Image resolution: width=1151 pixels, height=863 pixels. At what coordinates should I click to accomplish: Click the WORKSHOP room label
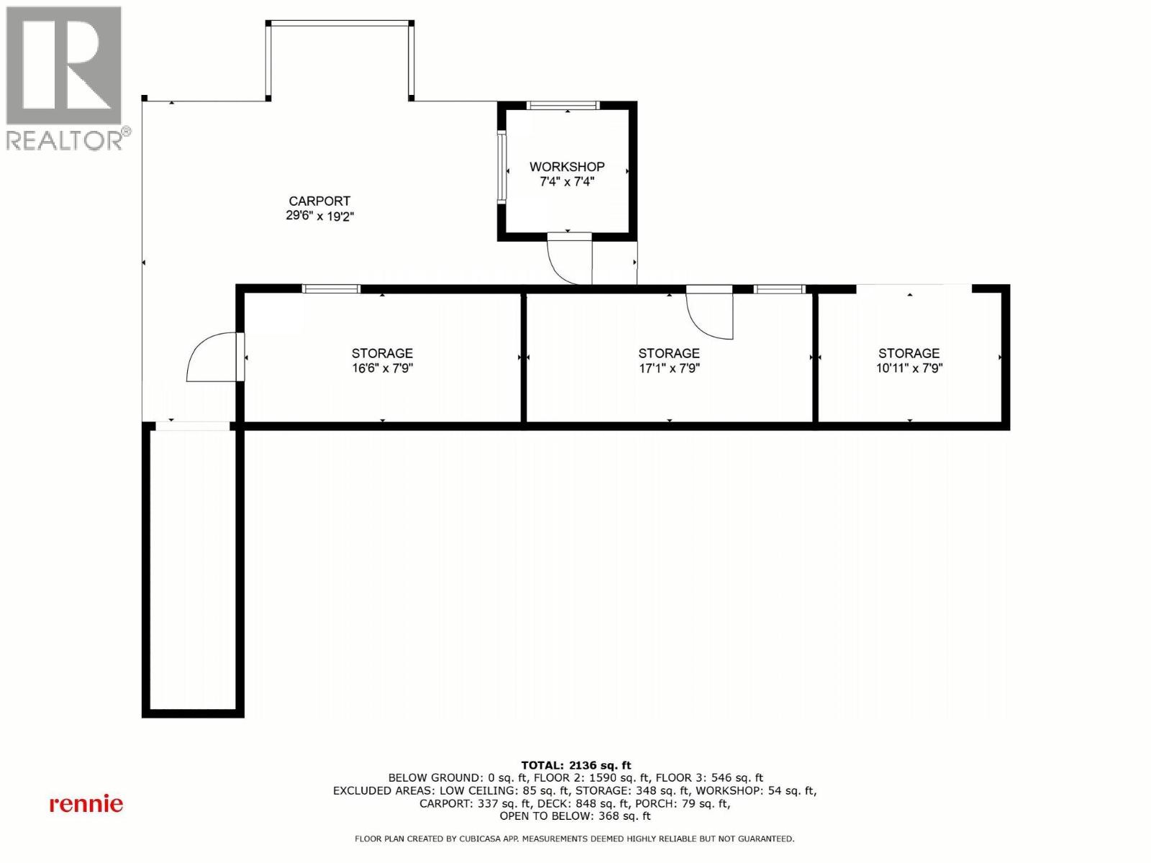pyautogui.click(x=567, y=167)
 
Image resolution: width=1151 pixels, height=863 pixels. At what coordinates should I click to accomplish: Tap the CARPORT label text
pyautogui.click(x=319, y=201)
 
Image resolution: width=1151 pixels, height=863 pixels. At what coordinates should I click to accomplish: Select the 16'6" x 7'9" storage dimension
pyautogui.click(x=382, y=368)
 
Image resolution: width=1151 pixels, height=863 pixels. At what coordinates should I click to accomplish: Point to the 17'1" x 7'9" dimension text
pyautogui.click(x=669, y=368)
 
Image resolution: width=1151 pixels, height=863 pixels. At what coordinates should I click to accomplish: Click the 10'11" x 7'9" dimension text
pyautogui.click(x=909, y=368)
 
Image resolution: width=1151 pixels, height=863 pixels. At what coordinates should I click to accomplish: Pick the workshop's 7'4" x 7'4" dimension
pyautogui.click(x=567, y=182)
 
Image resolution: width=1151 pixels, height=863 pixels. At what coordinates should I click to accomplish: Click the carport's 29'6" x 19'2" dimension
pyautogui.click(x=319, y=216)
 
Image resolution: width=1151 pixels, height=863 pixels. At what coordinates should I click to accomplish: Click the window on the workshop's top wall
pyautogui.click(x=563, y=106)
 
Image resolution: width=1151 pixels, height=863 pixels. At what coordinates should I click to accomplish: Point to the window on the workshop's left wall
pyautogui.click(x=501, y=167)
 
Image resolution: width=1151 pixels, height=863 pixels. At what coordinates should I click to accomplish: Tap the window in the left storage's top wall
pyautogui.click(x=331, y=289)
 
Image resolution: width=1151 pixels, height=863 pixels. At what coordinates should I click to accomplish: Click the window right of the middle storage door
pyautogui.click(x=779, y=289)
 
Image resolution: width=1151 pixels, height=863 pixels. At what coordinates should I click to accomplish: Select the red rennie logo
pyautogui.click(x=86, y=803)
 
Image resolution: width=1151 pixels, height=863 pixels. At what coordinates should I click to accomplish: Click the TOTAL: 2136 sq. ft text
pyautogui.click(x=575, y=765)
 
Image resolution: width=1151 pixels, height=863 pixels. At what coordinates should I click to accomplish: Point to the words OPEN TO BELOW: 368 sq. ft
pyautogui.click(x=575, y=816)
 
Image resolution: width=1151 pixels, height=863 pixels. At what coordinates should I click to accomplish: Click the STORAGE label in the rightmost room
pyautogui.click(x=909, y=353)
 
